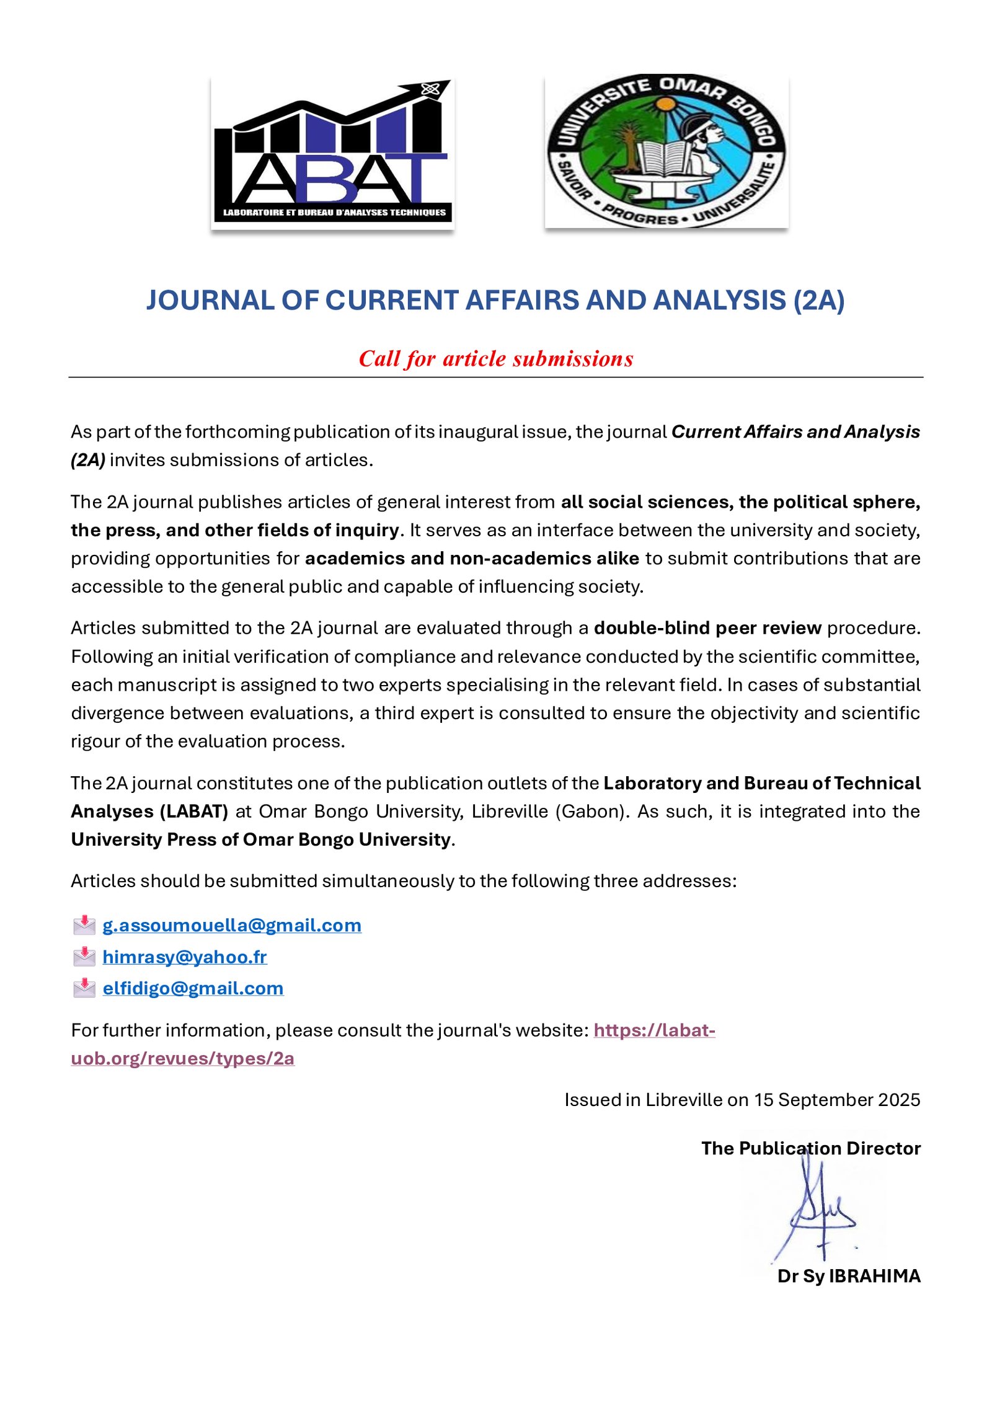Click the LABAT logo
[x=332, y=153]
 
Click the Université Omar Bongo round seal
[x=666, y=151]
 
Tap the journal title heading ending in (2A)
[x=495, y=301]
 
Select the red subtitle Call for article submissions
[x=496, y=359]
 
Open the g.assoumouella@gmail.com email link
[x=232, y=925]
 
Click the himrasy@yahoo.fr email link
[x=185, y=957]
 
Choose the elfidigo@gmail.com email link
[x=193, y=988]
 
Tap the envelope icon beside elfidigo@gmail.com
[x=84, y=988]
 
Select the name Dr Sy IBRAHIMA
[x=849, y=1276]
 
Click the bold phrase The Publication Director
[x=810, y=1148]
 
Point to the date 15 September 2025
[x=837, y=1100]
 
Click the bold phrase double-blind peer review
[x=707, y=628]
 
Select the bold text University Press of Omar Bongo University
[x=261, y=839]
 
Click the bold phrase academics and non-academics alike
[x=472, y=559]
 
